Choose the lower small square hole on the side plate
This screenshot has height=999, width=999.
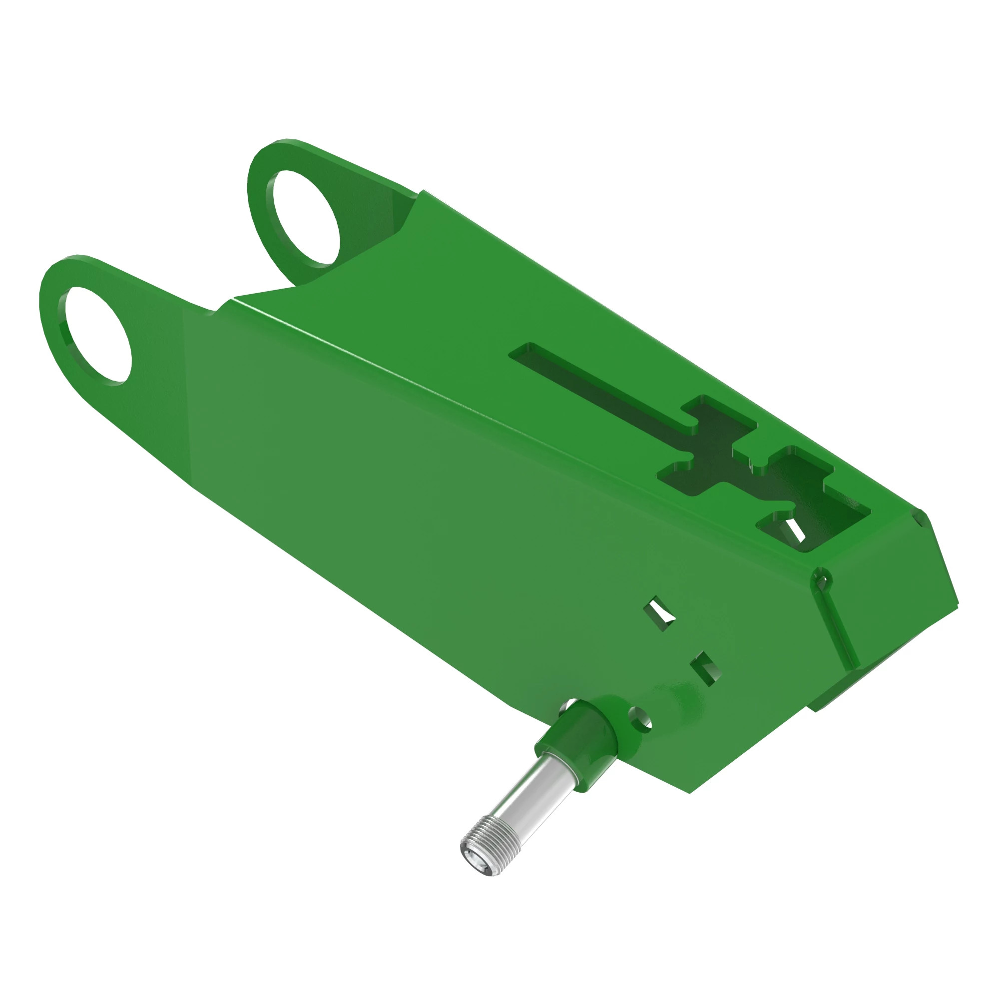(705, 668)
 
